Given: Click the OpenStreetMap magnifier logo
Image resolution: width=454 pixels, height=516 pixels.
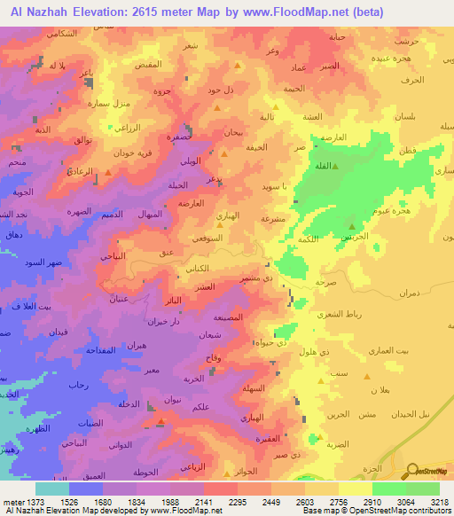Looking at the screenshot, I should [412, 470].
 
